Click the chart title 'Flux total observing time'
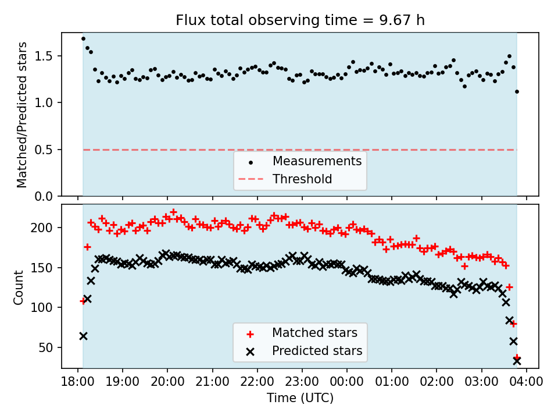point(300,20)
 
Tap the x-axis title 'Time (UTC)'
point(300,398)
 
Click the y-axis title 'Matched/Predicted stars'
point(22,115)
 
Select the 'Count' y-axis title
point(19,287)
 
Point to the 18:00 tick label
point(78,382)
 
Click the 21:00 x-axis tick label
point(212,382)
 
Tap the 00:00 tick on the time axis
point(347,382)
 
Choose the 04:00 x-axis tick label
point(526,382)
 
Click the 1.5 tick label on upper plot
point(46,56)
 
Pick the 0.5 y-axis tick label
point(46,150)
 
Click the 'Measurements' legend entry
point(317,161)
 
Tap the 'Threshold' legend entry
point(302,179)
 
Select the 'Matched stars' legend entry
point(314,333)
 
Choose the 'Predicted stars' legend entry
point(317,351)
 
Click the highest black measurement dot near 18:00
point(83,38)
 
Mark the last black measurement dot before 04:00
point(517,91)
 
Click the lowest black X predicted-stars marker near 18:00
point(83,336)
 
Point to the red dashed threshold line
point(174,150)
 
